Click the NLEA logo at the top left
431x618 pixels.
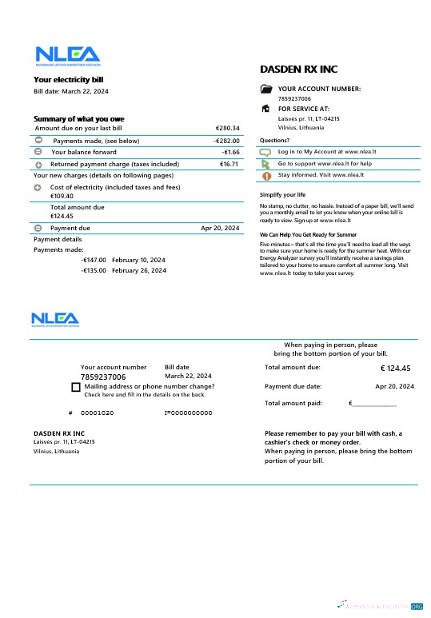pos(66,55)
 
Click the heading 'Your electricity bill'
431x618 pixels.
pos(68,79)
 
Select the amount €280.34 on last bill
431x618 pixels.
pos(227,128)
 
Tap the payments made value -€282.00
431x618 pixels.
pos(226,141)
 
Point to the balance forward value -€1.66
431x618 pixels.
pos(230,152)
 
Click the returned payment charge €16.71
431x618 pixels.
pos(229,164)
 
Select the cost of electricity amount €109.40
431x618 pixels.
pos(62,196)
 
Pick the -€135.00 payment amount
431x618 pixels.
pos(94,270)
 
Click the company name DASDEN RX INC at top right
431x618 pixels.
pos(299,70)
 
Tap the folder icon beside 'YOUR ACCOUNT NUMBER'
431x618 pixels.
pos(266,89)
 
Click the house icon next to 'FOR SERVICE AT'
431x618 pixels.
pos(266,108)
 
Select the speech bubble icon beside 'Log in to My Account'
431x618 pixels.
pos(266,151)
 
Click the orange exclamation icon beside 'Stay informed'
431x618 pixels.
pos(266,175)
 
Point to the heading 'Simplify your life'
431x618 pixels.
pos(282,195)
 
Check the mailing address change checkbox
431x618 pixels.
pos(75,387)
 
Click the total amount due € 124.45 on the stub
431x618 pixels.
pos(395,369)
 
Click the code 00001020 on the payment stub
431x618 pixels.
pos(97,413)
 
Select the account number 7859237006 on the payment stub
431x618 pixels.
pos(103,377)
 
